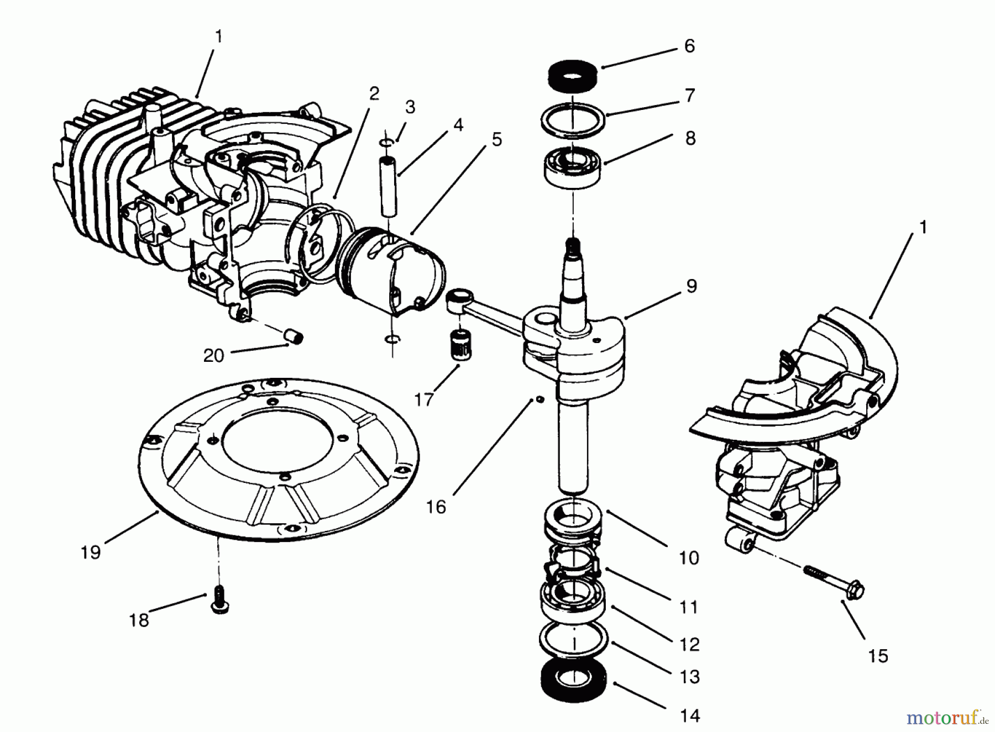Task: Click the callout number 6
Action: coord(689,46)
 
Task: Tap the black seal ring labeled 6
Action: coord(573,75)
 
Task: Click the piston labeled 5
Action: coord(395,276)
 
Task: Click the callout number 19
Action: coord(91,552)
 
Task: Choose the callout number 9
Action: coord(692,286)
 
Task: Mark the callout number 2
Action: coord(374,94)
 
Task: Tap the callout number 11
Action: coord(689,607)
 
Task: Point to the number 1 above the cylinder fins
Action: coord(218,37)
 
